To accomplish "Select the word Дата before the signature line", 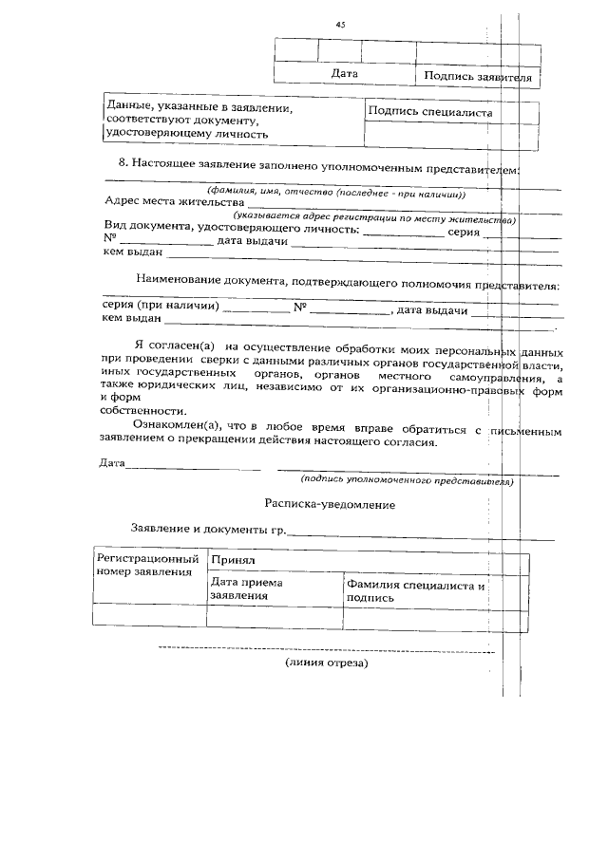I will coord(112,463).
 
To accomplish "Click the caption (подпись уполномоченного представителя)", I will coord(407,481).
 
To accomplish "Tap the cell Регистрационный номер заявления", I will coord(148,566).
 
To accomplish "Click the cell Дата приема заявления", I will coord(246,589).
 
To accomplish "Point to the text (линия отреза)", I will coord(326,663).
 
